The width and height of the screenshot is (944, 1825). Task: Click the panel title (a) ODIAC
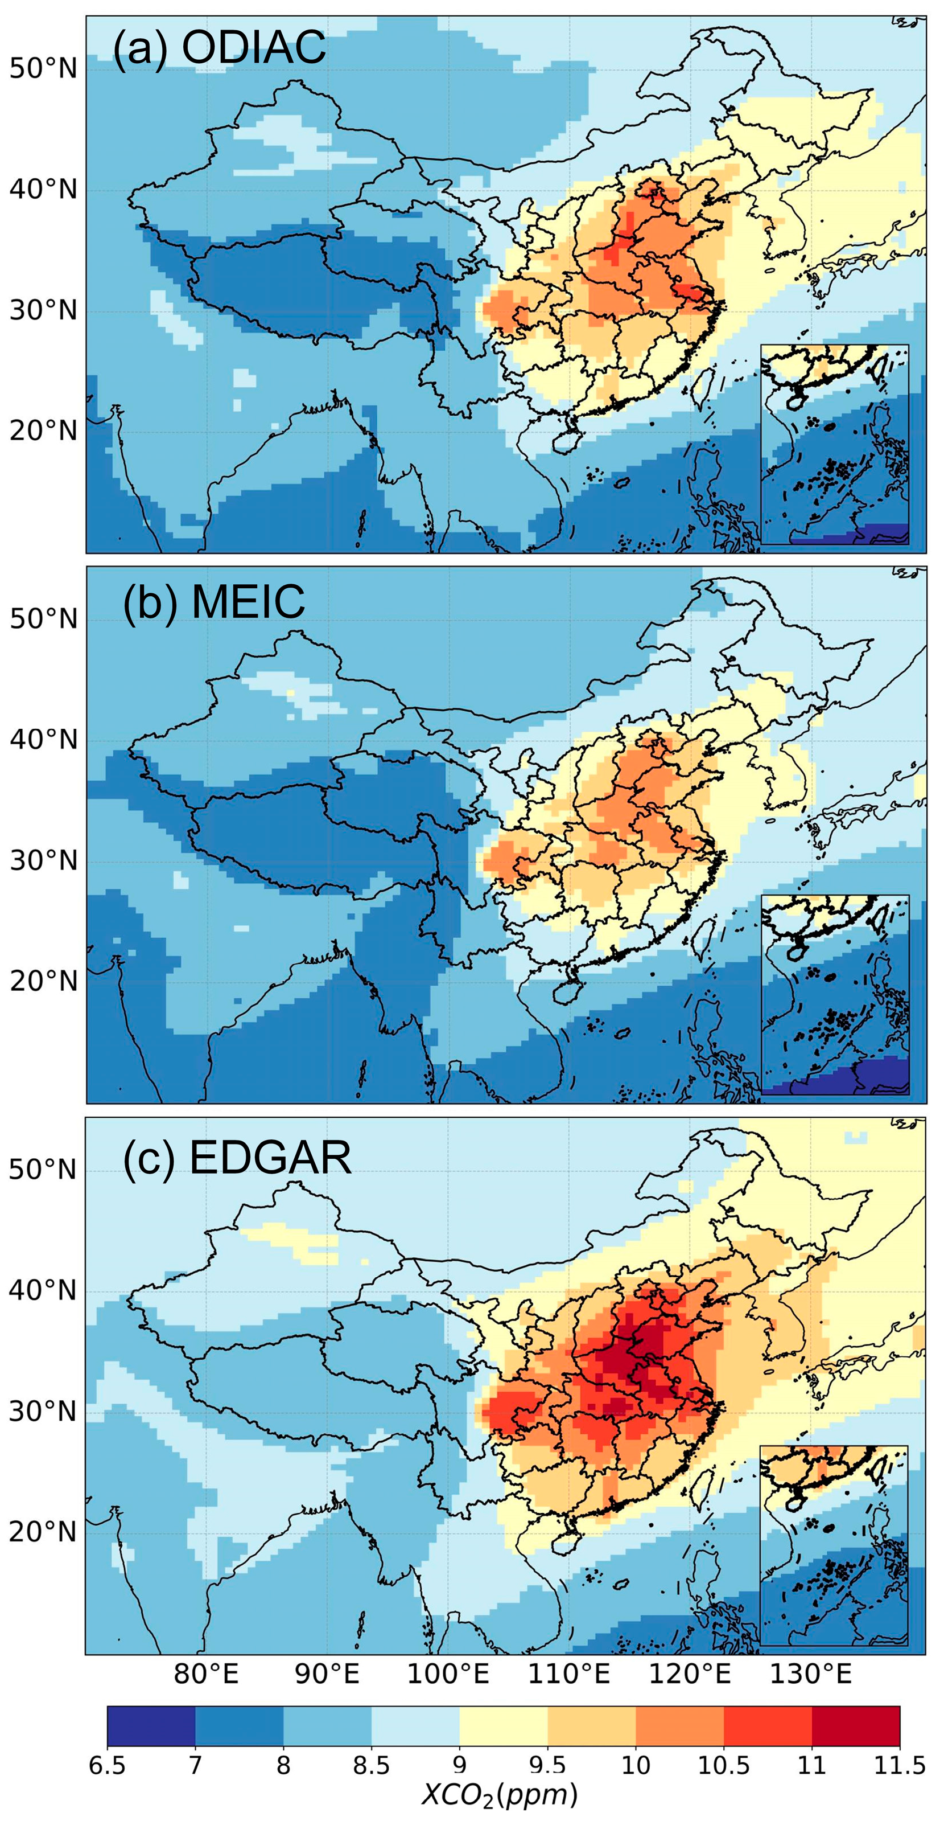219,48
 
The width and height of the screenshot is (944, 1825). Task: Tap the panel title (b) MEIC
214,603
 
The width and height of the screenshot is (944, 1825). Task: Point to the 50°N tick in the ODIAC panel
43,69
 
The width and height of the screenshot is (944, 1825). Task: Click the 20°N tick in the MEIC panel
43,981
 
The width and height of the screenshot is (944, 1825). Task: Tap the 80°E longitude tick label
206,1674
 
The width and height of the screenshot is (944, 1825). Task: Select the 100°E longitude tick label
448,1674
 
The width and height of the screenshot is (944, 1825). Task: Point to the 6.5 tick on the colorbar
108,1765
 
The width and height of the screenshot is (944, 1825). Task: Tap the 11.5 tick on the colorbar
900,1765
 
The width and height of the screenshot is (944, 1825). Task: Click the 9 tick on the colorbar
460,1765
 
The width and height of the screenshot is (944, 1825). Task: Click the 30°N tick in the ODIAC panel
43,310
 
